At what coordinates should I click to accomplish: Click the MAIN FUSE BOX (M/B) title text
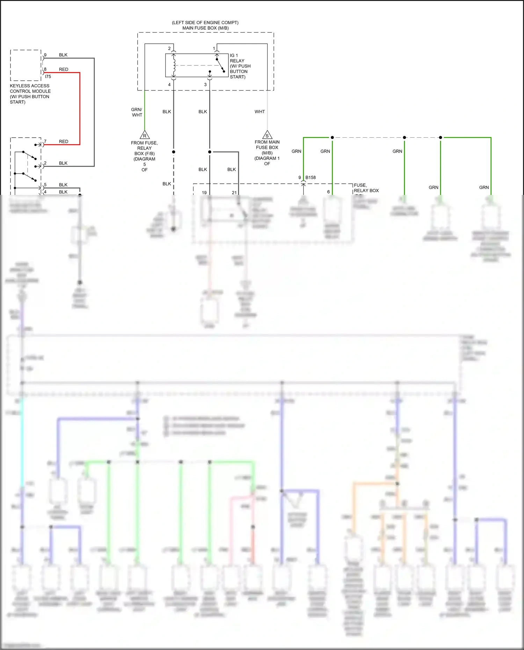coord(205,28)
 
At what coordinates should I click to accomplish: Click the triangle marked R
coord(144,136)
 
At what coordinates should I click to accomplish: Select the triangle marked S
coord(267,135)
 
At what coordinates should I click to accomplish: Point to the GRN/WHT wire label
coord(137,112)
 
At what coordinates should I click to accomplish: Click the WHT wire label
coord(260,112)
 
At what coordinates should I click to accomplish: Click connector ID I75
coord(48,76)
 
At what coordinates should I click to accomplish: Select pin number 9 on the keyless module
coord(45,55)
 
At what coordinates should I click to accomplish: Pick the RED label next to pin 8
coord(64,70)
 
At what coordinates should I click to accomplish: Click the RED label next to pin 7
coord(64,141)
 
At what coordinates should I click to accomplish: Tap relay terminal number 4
coord(169,85)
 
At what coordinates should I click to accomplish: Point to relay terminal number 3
coord(205,85)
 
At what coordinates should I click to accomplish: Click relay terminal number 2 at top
coord(169,49)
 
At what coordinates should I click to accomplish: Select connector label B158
coord(311,177)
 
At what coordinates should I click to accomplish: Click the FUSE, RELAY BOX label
coord(366,188)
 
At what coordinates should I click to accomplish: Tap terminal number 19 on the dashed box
coord(204,192)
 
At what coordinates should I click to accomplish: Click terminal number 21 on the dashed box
coord(234,192)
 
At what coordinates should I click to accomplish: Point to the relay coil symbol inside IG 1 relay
coord(174,65)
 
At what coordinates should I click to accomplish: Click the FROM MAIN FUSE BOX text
coord(267,145)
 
